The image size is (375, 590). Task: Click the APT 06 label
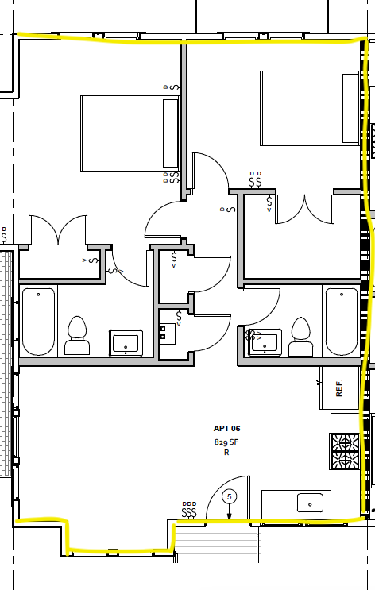[x=226, y=428]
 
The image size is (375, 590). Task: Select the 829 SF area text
[x=226, y=441]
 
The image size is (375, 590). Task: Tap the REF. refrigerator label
[x=339, y=388]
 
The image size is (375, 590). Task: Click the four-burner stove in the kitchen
[x=344, y=451]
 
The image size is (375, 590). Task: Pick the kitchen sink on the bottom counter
[x=310, y=503]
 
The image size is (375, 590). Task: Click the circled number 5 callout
[x=230, y=497]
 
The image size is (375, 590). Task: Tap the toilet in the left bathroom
[x=77, y=335]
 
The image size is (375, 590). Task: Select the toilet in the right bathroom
[x=300, y=335]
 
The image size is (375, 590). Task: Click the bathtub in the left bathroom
[x=38, y=322]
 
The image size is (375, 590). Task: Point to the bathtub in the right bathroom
[x=341, y=320]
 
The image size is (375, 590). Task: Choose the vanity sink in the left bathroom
[x=126, y=342]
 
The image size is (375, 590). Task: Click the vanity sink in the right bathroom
[x=264, y=341]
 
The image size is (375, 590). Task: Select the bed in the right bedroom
[x=311, y=107]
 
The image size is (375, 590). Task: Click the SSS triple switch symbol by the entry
[x=189, y=514]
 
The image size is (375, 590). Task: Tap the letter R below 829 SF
[x=226, y=453]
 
